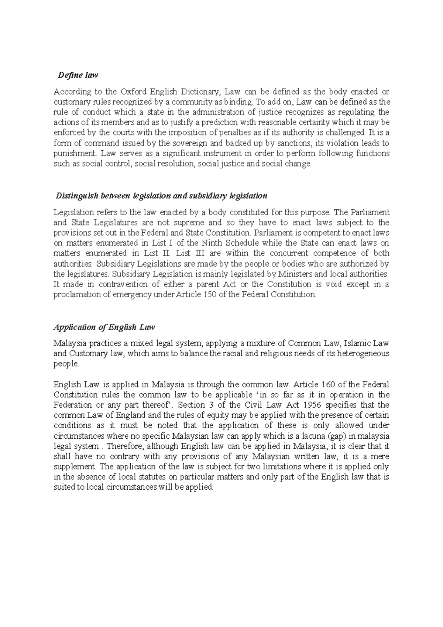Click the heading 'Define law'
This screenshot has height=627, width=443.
coord(78,75)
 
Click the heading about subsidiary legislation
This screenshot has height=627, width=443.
coord(161,196)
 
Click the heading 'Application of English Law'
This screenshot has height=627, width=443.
coord(104,327)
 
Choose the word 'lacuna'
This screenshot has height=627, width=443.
coord(320,436)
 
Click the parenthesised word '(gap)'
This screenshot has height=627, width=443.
coord(345,436)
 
